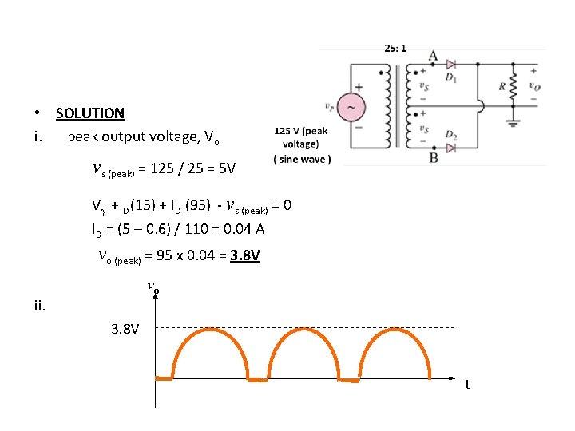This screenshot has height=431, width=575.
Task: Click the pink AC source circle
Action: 352,105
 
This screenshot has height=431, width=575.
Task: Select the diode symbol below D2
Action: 450,148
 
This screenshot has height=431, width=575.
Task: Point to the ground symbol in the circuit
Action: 512,124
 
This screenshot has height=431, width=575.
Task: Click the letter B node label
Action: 434,157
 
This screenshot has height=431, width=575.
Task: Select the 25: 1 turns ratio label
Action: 395,48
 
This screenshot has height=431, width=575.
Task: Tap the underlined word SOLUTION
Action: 90,113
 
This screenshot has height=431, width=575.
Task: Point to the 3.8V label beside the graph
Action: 124,329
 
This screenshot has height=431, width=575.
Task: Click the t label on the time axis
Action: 468,385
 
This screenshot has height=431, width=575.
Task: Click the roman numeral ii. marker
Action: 39,304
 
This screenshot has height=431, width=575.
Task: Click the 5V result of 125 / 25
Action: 227,169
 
